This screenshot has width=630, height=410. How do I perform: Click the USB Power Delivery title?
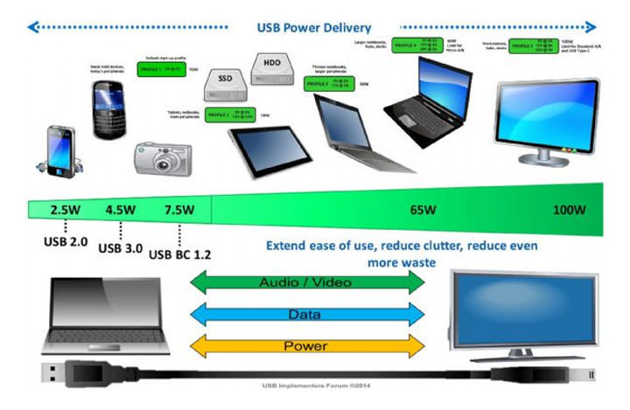click(x=314, y=27)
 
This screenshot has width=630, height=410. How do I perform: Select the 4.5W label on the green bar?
click(x=120, y=210)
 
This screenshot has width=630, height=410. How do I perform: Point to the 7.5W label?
click(x=178, y=210)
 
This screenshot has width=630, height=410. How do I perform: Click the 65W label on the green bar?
click(x=424, y=211)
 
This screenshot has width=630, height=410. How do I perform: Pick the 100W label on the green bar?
click(x=570, y=211)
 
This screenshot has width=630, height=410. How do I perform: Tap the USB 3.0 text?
click(x=122, y=248)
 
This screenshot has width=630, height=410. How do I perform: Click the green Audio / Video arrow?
click(x=306, y=282)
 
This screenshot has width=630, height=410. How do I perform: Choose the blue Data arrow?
click(x=306, y=314)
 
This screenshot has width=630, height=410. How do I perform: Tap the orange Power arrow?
click(x=306, y=346)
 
